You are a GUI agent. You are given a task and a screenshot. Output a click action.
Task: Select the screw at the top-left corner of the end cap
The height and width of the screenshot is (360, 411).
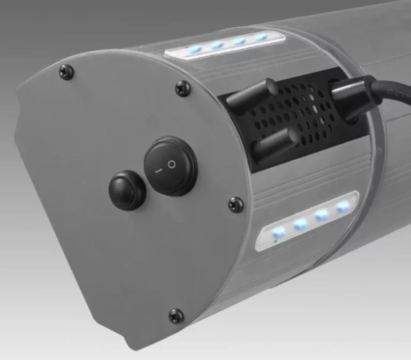[66, 71]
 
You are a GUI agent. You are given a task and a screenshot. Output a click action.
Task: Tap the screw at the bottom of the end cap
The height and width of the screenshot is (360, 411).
[176, 316]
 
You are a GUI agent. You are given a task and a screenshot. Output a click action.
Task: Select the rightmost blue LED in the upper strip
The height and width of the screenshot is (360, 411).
[261, 38]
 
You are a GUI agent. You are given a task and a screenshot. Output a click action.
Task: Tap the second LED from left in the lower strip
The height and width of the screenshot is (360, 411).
[300, 223]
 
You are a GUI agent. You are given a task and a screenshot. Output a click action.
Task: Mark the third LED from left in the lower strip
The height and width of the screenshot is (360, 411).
[322, 215]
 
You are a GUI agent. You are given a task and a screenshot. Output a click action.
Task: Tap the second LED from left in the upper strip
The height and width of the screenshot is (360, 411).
[217, 46]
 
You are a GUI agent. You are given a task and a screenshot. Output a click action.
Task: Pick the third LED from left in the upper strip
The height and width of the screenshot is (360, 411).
[240, 41]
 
